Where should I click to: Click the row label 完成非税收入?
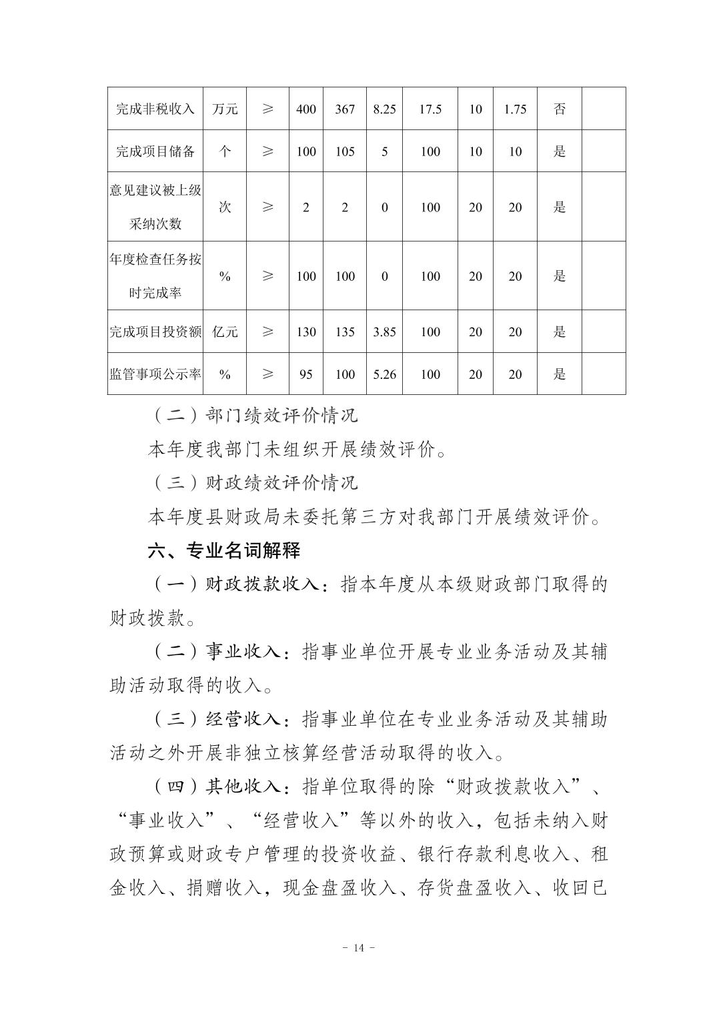tap(155, 109)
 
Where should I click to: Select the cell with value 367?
tap(344, 109)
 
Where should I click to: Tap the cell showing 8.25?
tap(384, 109)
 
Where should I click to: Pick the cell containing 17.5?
tap(430, 109)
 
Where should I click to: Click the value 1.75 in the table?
tap(515, 109)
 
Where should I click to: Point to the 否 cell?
tap(559, 109)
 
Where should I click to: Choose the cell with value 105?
tap(344, 151)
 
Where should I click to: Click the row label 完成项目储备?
tap(155, 151)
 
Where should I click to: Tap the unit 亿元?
tap(225, 332)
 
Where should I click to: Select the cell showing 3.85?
tap(384, 332)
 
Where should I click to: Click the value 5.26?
tap(384, 374)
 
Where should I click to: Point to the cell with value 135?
tap(344, 332)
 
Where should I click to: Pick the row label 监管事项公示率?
tap(155, 374)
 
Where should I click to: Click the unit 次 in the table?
tap(225, 207)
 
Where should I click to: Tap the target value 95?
tap(305, 374)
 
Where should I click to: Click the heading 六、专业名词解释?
tap(224, 551)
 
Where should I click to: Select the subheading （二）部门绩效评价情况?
tap(253, 416)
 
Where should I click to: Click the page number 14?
tap(358, 948)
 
